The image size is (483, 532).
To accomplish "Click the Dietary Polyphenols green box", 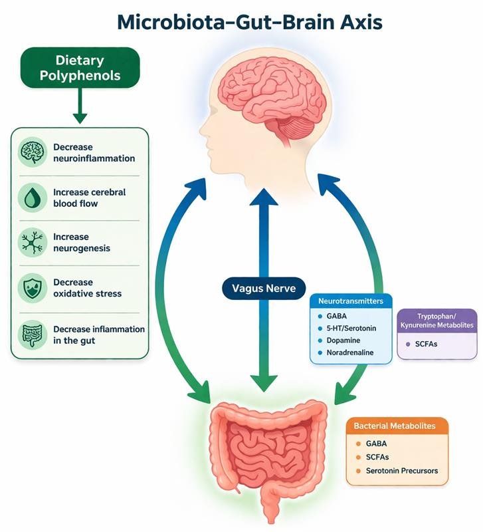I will [x=80, y=67].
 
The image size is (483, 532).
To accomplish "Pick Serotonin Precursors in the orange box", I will [x=402, y=470].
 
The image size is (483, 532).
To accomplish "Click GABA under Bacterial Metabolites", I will [x=376, y=443].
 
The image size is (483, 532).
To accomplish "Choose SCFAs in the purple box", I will [x=426, y=343].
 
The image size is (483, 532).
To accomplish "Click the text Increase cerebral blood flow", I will [x=89, y=198].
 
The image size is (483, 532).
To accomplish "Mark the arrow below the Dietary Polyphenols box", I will [x=80, y=107].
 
